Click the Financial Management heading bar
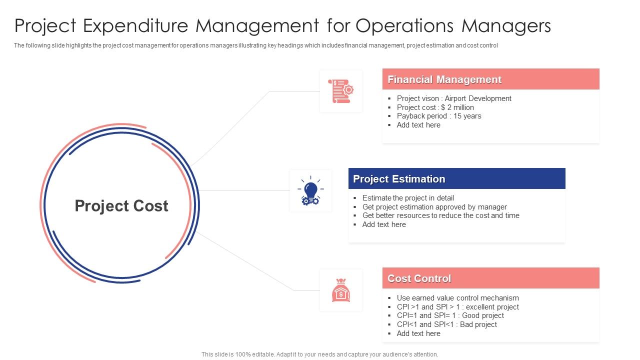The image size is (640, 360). (490, 79)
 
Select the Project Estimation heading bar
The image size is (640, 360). (456, 178)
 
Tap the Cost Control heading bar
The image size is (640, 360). (490, 278)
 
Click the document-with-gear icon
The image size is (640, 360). (340, 91)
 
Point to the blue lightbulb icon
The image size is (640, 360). (310, 190)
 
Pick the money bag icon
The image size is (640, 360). (341, 290)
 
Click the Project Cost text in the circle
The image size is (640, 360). (121, 205)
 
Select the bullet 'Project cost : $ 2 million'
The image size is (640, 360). (435, 107)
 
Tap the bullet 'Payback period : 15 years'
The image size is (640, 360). (439, 116)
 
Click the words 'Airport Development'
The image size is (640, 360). (477, 98)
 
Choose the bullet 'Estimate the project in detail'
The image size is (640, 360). (408, 198)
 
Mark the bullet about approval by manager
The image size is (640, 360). (434, 207)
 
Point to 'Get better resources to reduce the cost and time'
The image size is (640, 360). (441, 215)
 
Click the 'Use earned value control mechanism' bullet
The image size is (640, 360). (457, 297)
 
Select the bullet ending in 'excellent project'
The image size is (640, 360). (457, 307)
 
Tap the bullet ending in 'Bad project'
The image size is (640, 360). (446, 324)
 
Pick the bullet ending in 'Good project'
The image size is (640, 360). (450, 315)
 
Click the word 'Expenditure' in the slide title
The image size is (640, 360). (135, 25)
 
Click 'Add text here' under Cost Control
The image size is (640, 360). (418, 333)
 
